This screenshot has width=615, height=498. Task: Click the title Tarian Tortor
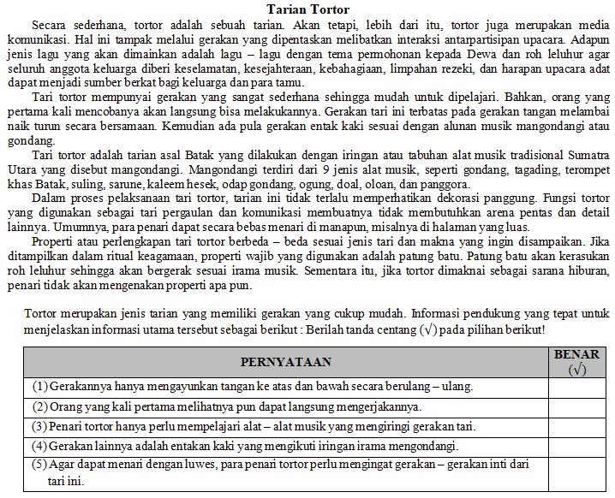[x=307, y=9]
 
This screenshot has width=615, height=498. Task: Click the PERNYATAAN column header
[x=285, y=362]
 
